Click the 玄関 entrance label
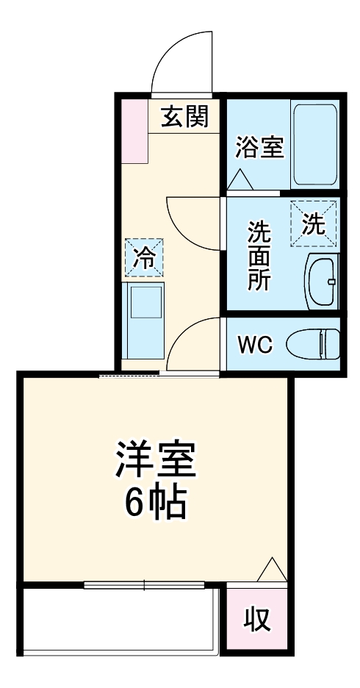pyautogui.click(x=184, y=115)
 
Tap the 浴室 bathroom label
pyautogui.click(x=259, y=147)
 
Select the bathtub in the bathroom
pyautogui.click(x=314, y=144)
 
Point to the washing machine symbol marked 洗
pyautogui.click(x=314, y=224)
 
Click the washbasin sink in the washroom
pyautogui.click(x=320, y=282)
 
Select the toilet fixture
pyautogui.click(x=312, y=343)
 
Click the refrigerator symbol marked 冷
pyautogui.click(x=144, y=257)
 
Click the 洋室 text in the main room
pyautogui.click(x=154, y=460)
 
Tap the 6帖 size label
pyautogui.click(x=154, y=503)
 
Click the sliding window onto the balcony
pyautogui.click(x=144, y=585)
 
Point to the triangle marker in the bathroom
pyautogui.click(x=239, y=179)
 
